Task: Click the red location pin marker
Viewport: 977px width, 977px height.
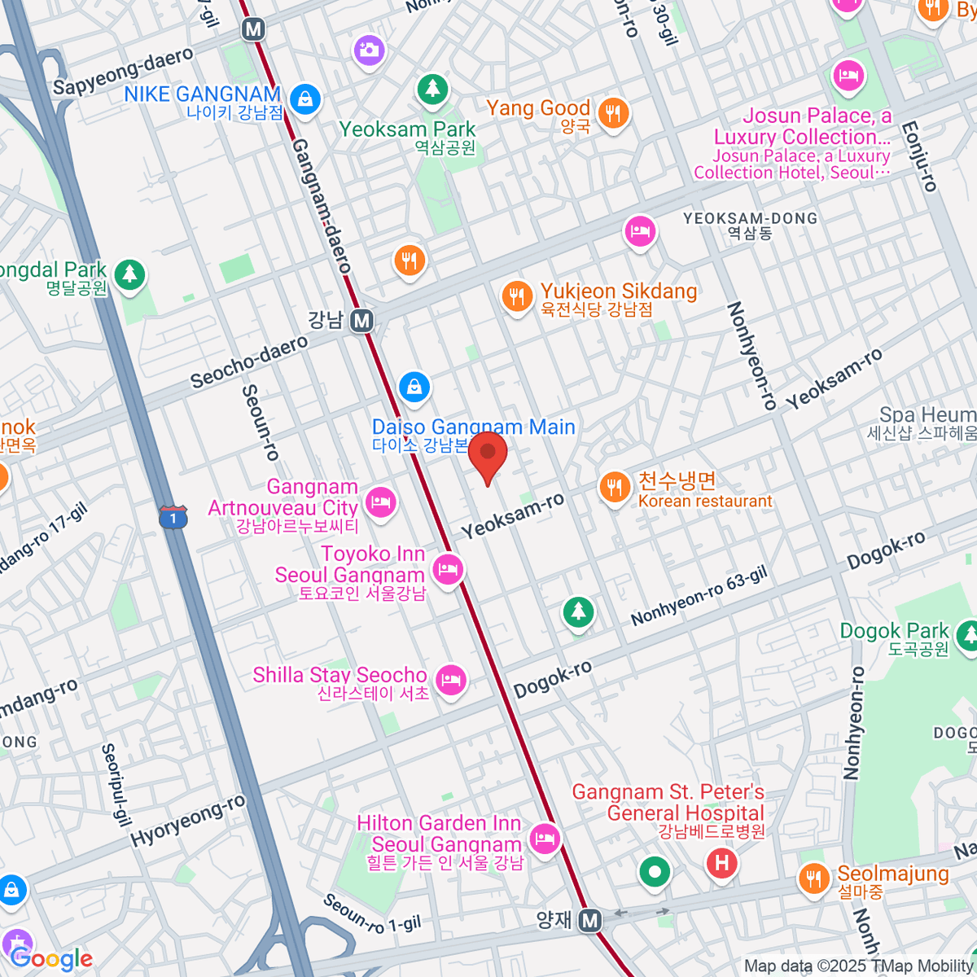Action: tap(488, 454)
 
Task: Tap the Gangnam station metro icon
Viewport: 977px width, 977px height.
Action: tap(361, 321)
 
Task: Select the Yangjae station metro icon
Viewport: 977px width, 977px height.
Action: tap(590, 921)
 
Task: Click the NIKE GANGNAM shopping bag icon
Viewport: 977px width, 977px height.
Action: tap(304, 99)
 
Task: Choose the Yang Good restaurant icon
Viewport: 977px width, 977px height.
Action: tap(612, 113)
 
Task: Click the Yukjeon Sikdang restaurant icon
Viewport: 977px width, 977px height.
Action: tap(517, 296)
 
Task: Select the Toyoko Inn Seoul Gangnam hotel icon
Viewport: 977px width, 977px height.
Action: tap(447, 568)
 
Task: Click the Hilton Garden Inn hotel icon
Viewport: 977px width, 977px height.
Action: tap(544, 837)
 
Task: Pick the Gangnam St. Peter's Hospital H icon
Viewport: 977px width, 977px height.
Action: tap(721, 862)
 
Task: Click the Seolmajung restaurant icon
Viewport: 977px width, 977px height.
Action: tap(813, 878)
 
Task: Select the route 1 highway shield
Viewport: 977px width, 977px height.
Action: tap(173, 516)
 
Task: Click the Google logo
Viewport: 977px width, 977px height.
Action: tap(52, 959)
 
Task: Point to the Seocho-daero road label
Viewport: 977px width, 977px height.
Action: tap(249, 361)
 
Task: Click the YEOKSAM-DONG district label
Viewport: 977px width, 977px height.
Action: tap(750, 218)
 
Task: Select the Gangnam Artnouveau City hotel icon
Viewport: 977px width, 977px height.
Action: tap(379, 502)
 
